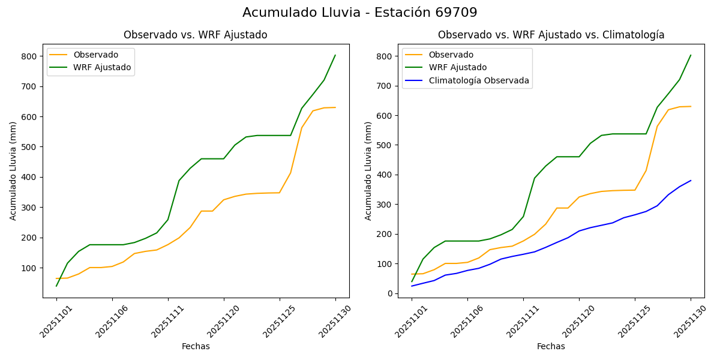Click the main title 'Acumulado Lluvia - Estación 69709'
tap(360, 13)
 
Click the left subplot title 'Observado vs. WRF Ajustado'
tap(196, 35)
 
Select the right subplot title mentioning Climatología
tap(551, 35)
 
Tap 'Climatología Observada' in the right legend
tap(478, 80)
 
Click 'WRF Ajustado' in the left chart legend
tap(102, 67)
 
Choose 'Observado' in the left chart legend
tap(96, 55)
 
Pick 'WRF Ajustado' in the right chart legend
tap(457, 67)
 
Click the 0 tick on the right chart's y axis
tap(389, 293)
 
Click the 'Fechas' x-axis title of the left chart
tap(196, 346)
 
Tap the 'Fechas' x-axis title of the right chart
tap(551, 346)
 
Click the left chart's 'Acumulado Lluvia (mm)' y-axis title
tap(13, 170)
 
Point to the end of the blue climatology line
tap(691, 181)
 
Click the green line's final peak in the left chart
tap(335, 55)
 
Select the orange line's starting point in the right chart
tap(412, 274)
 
